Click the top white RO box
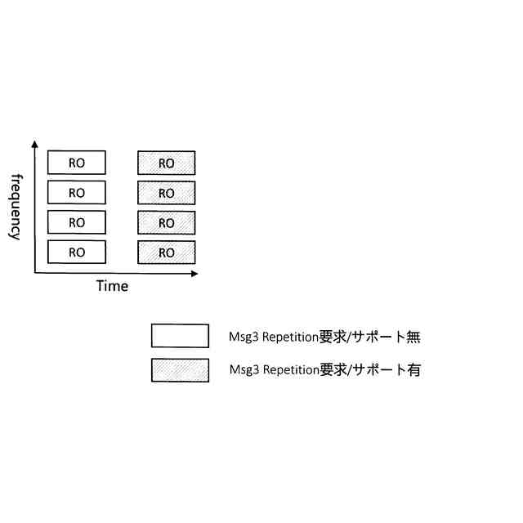click(x=77, y=163)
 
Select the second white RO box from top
click(x=77, y=193)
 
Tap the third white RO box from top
click(x=77, y=222)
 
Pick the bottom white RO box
click(x=77, y=253)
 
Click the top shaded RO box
click(x=167, y=163)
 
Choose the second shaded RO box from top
click(x=167, y=193)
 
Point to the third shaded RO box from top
click(x=167, y=222)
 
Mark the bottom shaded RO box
click(x=167, y=253)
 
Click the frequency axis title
click(x=15, y=206)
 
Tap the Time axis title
click(x=112, y=286)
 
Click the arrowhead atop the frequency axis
click(x=34, y=144)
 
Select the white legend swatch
click(x=180, y=336)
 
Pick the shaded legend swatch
click(x=180, y=370)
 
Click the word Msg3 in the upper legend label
click(x=244, y=337)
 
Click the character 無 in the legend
click(x=413, y=336)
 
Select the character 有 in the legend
click(x=413, y=370)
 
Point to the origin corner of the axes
click(x=34, y=273)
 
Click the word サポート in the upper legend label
click(x=378, y=336)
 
